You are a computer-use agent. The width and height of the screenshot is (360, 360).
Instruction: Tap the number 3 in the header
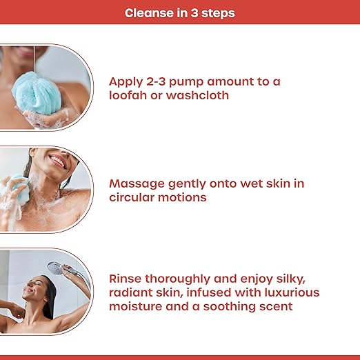coord(194,13)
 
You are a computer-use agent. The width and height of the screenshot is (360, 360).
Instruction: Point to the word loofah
coord(128,95)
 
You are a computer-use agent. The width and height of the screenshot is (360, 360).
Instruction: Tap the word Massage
coord(137,184)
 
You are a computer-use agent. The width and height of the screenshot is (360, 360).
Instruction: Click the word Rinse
coord(125,279)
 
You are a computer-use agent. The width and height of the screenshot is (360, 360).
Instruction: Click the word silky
coord(291,279)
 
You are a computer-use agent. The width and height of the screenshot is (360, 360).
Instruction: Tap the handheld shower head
coord(56,268)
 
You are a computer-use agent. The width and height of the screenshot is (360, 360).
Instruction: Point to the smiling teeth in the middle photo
coord(57,161)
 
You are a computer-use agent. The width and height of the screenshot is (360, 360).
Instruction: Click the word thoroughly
coord(177,279)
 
